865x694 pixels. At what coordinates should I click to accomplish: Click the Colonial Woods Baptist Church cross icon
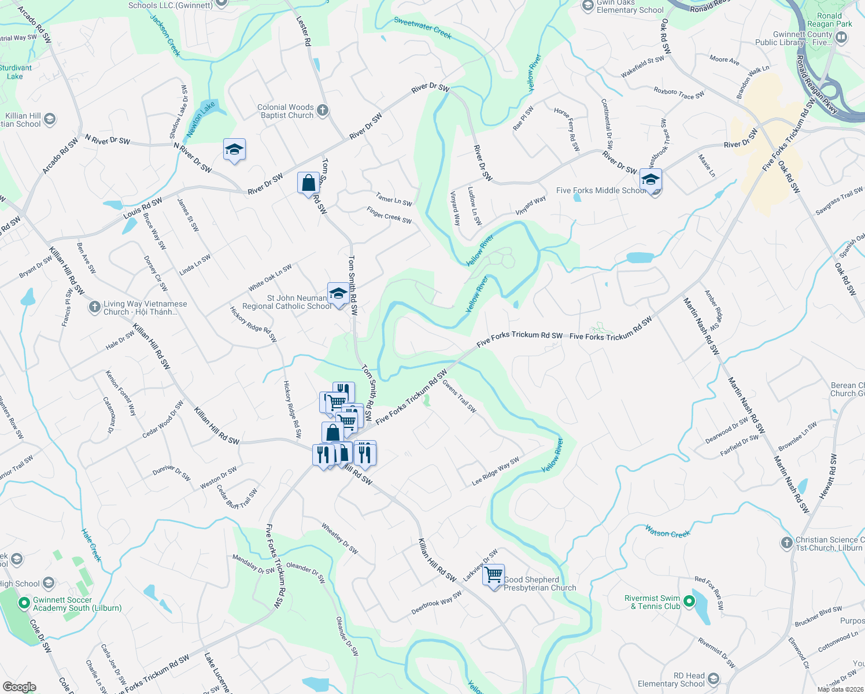click(x=323, y=110)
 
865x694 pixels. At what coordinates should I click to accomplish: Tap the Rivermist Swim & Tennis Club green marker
click(x=689, y=601)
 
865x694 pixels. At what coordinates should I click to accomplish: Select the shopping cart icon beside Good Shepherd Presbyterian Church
click(x=494, y=575)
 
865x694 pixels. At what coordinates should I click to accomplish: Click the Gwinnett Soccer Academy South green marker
click(x=24, y=604)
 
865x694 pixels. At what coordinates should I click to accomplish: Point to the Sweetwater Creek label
click(x=423, y=27)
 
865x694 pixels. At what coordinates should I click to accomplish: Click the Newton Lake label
click(x=201, y=119)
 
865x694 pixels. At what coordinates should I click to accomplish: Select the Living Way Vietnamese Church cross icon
click(x=94, y=307)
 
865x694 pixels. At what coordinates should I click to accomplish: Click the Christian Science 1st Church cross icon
click(x=786, y=542)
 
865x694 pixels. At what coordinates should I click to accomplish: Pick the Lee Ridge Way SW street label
click(x=496, y=471)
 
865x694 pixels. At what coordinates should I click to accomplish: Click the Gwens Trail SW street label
click(x=460, y=396)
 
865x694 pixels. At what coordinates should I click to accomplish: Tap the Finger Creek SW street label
click(x=389, y=216)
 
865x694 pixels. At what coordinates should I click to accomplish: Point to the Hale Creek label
click(x=91, y=545)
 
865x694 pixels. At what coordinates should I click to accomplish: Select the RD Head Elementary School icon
click(x=713, y=679)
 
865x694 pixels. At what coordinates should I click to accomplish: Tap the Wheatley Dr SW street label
click(x=340, y=539)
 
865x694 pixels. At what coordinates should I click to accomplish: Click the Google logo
click(x=19, y=687)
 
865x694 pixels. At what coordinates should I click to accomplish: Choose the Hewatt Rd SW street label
click(x=828, y=476)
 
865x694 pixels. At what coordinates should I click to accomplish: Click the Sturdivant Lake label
click(x=16, y=72)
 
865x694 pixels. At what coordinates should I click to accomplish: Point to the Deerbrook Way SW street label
click(x=437, y=603)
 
